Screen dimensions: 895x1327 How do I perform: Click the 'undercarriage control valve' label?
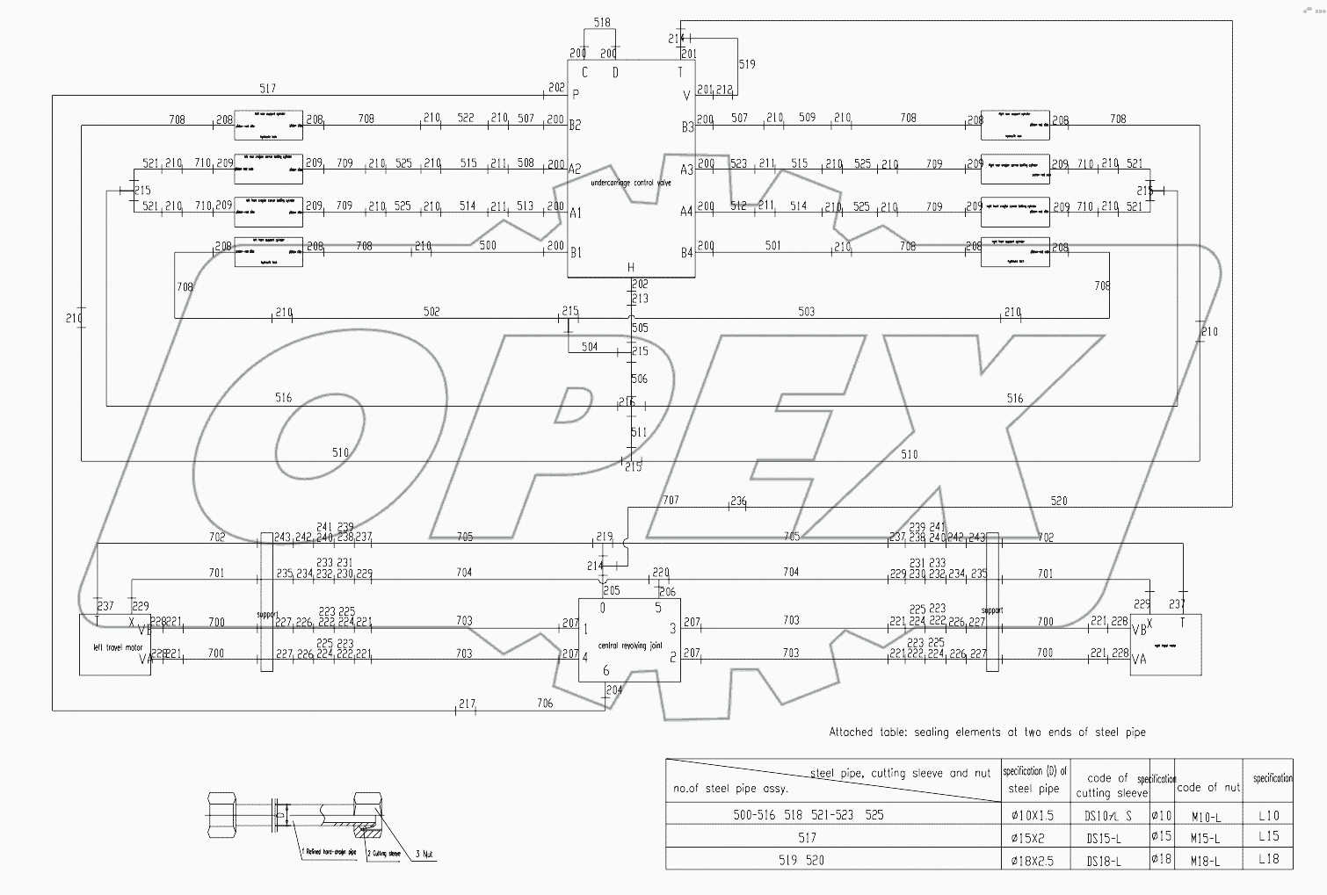point(631,183)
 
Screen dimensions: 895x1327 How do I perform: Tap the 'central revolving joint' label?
point(629,646)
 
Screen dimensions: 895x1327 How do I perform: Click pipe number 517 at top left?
point(267,88)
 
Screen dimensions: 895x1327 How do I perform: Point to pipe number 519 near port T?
point(747,64)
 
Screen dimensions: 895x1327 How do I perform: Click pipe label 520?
point(1059,501)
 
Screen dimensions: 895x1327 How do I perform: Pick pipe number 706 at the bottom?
point(545,704)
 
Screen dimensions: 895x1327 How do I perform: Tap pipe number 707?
point(671,500)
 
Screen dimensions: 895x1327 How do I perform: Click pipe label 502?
point(431,312)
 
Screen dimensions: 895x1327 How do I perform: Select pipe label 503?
point(806,312)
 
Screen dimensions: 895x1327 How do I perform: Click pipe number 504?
point(590,347)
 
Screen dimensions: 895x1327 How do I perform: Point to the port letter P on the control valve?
point(576,94)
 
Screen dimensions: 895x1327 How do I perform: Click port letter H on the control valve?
point(630,268)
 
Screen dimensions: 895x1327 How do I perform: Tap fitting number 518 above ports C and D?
point(602,23)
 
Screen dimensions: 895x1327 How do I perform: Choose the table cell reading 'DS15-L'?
point(1104,838)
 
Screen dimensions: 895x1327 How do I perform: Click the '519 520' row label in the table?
point(801,861)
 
